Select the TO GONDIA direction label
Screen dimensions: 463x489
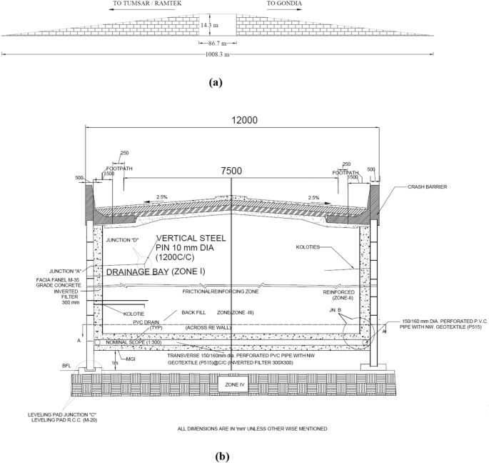point(284,4)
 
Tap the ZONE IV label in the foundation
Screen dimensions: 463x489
point(235,385)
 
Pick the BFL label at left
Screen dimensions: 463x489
point(67,366)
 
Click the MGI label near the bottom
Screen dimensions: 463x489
point(131,358)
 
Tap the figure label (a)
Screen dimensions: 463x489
point(215,82)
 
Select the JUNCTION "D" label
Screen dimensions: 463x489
point(122,240)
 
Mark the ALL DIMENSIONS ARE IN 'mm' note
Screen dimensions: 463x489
point(252,429)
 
